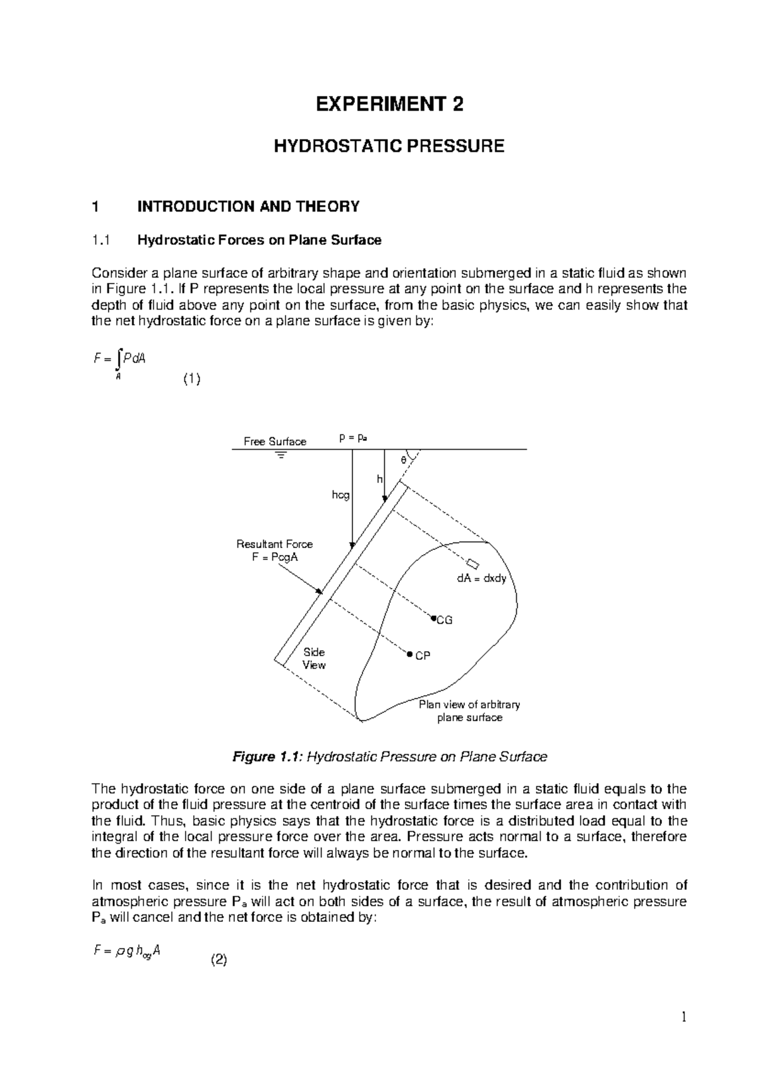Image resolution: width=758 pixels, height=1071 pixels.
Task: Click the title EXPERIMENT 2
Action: coord(389,104)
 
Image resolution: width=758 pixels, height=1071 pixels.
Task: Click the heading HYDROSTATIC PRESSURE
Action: coord(388,147)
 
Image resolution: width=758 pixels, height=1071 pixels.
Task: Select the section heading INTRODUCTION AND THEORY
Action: coord(248,206)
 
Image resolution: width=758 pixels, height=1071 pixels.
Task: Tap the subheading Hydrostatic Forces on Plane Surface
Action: coord(259,240)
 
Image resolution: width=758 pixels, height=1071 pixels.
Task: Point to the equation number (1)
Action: coord(192,380)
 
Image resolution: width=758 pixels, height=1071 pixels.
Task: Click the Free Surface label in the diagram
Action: coord(275,441)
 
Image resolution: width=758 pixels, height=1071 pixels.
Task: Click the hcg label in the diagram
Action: coord(340,496)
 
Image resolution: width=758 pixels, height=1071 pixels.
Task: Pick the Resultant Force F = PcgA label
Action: coord(274,551)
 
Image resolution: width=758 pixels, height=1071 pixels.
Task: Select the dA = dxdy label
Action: coord(482,578)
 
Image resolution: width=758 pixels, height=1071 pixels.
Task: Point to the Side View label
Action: coord(314,658)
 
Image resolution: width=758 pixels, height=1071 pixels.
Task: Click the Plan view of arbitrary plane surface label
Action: coord(469,711)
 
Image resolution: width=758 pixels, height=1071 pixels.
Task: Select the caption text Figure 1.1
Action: coord(268,757)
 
